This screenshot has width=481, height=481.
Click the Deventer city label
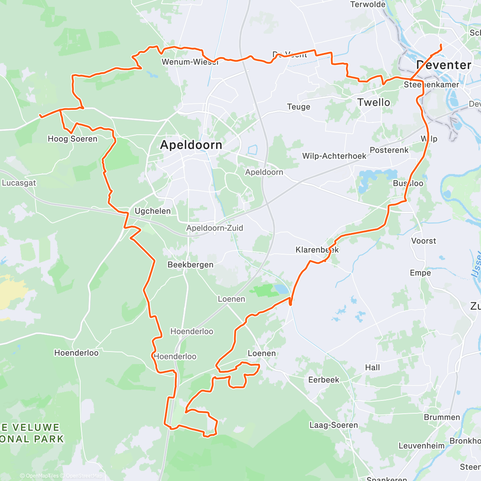(444, 65)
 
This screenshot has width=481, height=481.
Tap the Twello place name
(374, 103)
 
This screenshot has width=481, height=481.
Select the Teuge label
(299, 107)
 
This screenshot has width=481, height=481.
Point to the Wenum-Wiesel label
(190, 62)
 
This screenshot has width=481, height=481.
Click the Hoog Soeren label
(73, 139)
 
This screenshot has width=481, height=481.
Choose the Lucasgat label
(19, 183)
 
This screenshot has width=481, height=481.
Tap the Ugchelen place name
(152, 211)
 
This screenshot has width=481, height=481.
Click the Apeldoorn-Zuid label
(214, 228)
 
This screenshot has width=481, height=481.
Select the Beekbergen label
(190, 265)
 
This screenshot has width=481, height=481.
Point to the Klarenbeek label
(317, 250)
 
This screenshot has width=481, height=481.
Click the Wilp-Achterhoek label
(334, 156)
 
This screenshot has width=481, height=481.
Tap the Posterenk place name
(389, 150)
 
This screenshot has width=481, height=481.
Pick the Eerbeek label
(323, 380)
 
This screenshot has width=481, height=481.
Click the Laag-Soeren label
(333, 425)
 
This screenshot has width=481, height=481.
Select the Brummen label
(442, 417)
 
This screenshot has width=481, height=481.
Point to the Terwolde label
(368, 4)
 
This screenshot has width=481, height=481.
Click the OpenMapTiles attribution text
(42, 476)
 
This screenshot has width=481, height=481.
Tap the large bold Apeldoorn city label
(191, 145)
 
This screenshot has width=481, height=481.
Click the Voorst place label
(424, 241)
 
